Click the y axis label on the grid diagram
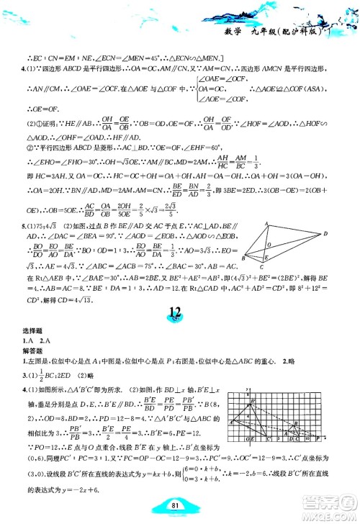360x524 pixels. [246, 389]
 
